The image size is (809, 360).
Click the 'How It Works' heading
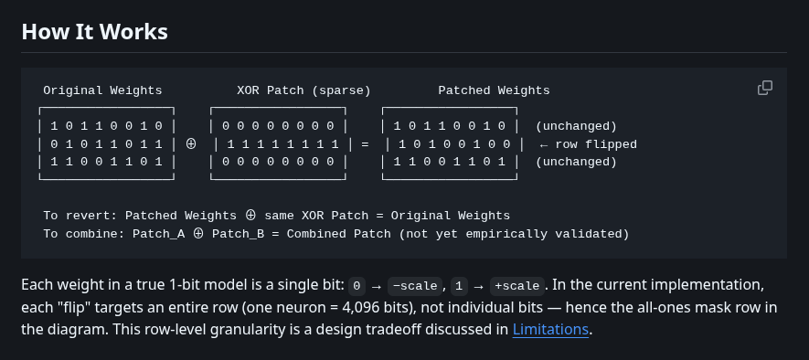point(94,32)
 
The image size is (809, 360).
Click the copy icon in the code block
point(765,88)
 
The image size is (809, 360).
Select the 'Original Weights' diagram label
point(102,90)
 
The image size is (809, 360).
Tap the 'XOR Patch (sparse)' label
point(303,90)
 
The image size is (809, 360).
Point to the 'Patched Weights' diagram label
point(494,90)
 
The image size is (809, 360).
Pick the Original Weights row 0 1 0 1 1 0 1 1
point(106,144)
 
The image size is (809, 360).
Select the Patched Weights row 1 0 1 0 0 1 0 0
point(453,144)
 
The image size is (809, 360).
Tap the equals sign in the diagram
point(364,144)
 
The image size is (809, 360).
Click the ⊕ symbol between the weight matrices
point(190,144)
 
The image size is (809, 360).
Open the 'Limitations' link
point(551,329)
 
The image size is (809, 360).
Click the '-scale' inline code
point(414,284)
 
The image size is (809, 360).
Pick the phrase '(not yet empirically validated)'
point(513,234)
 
